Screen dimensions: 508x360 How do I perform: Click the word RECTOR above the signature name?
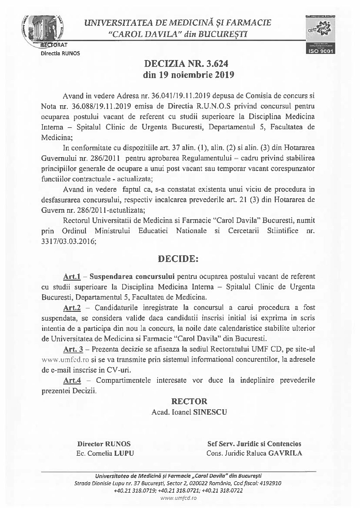tap(189, 401)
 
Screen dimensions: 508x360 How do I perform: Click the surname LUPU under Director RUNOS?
tap(124, 454)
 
